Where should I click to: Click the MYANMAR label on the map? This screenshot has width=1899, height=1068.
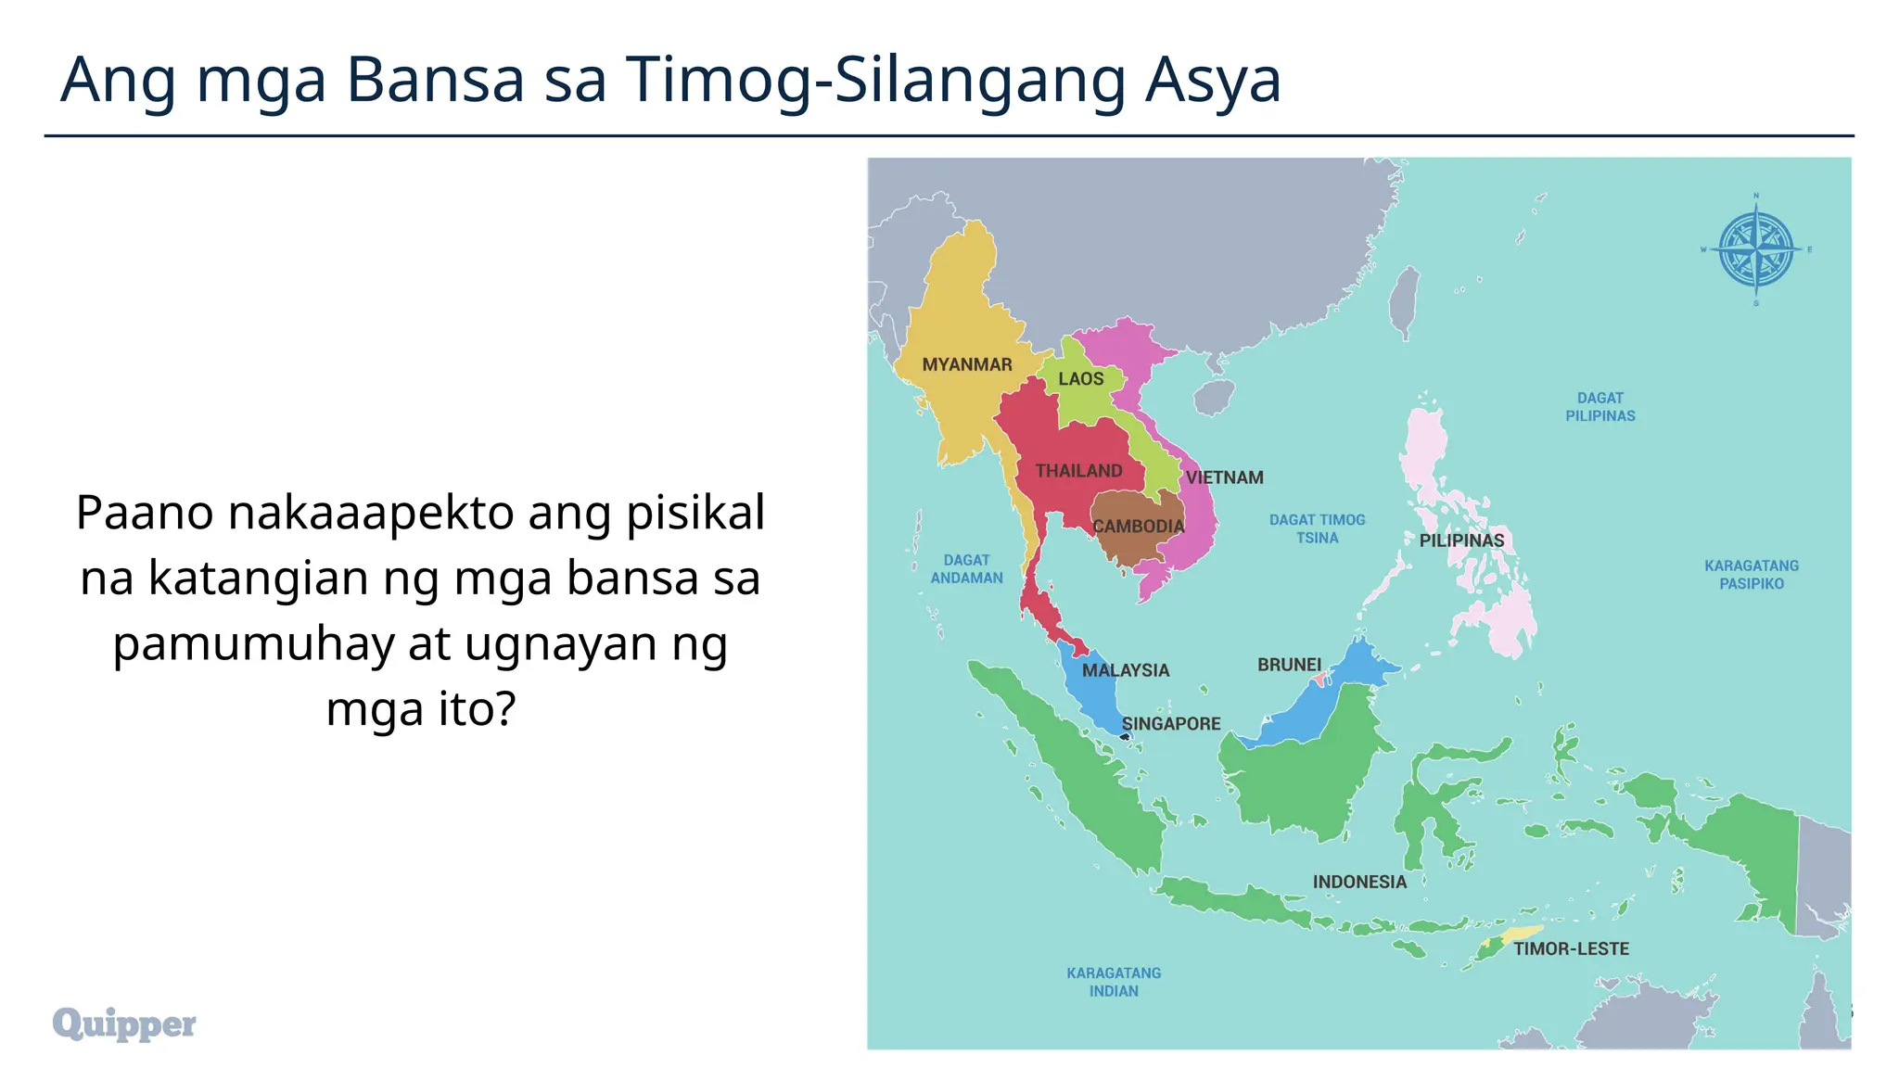click(966, 364)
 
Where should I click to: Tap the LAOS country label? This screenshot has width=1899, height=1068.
click(1080, 378)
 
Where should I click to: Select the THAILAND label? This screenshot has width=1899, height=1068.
click(1078, 471)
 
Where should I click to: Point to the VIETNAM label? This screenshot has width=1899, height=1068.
click(1224, 477)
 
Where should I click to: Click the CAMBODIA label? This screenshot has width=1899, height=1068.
click(1138, 527)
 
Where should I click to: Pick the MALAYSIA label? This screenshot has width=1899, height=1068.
click(1125, 670)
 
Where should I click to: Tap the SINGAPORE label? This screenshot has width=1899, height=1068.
click(1170, 724)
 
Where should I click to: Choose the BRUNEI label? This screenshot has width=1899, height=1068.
click(1288, 665)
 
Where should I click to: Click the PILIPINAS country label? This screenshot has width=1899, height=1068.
click(1461, 540)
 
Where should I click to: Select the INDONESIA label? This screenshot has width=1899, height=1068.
click(1359, 882)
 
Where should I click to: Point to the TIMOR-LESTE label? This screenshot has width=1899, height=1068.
click(1571, 948)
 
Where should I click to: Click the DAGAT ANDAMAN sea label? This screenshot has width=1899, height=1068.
click(966, 568)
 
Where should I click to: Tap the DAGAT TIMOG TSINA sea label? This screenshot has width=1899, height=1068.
click(1317, 528)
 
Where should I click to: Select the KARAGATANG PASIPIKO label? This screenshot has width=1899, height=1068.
click(1751, 574)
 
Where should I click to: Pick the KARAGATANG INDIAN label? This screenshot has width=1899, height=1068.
click(1113, 982)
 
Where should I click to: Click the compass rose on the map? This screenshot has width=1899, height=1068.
click(1755, 249)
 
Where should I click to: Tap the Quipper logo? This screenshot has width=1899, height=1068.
click(124, 1023)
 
